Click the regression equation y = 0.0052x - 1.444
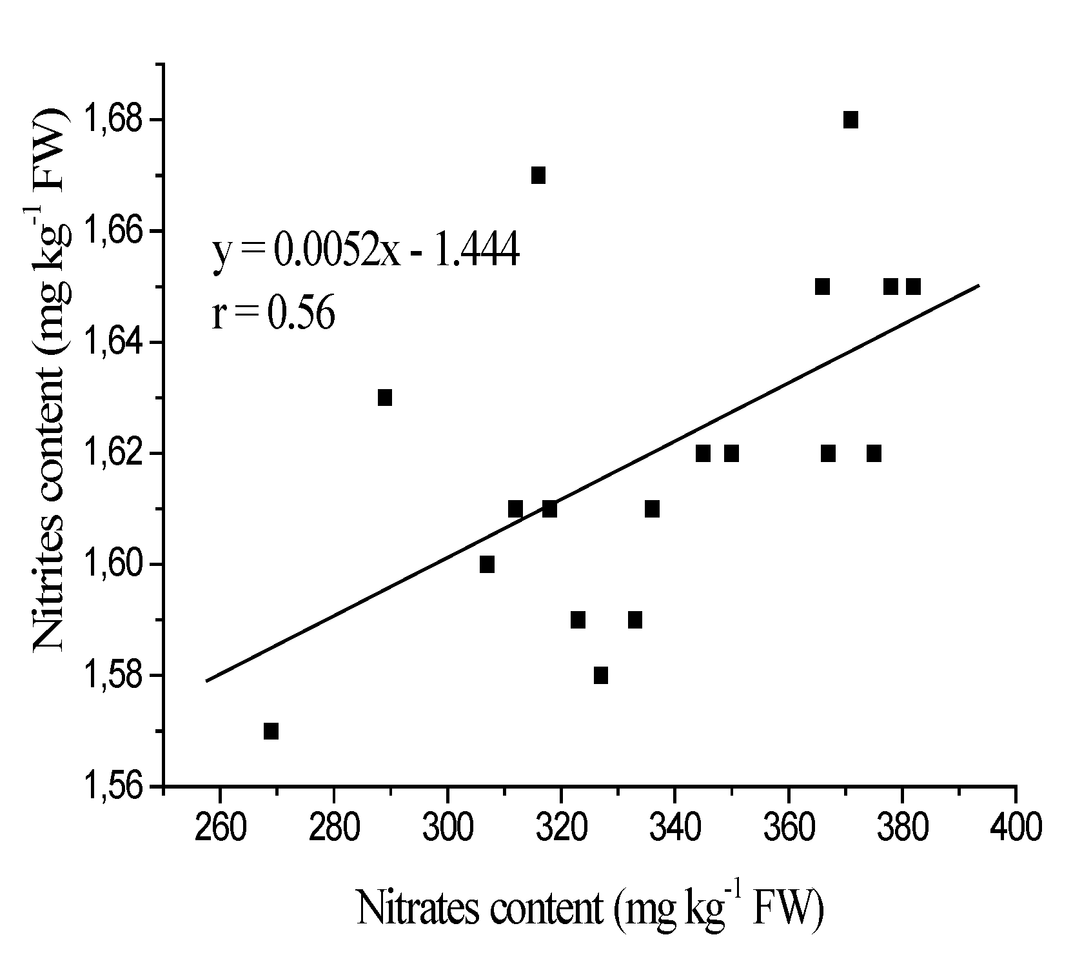pos(366,252)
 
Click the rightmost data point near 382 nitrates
pos(913,287)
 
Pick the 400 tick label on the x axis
pos(1016,827)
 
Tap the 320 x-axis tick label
pos(561,827)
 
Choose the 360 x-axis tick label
pos(788,827)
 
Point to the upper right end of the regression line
pos(979,285)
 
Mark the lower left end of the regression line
pos(206,680)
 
